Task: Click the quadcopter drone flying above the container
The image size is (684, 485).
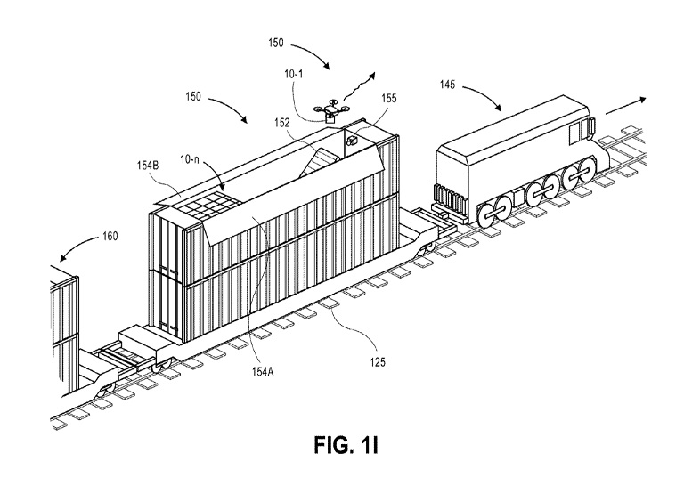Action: coord(331,109)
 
